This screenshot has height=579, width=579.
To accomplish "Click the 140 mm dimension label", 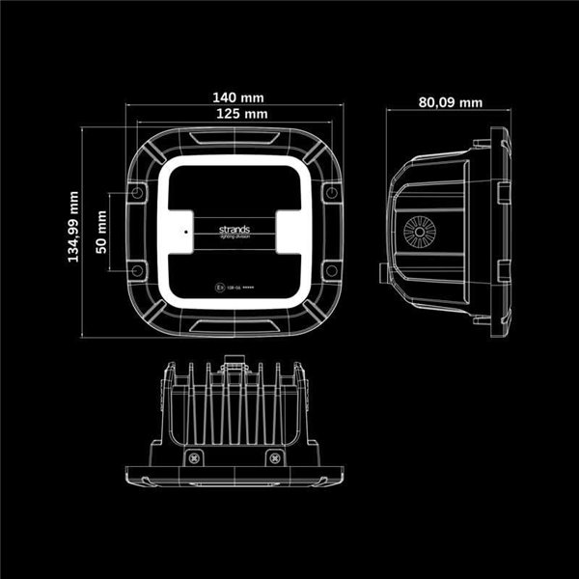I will pos(237,97).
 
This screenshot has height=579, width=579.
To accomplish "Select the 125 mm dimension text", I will pos(237,114).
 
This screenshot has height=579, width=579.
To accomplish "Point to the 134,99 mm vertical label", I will pos(72,228).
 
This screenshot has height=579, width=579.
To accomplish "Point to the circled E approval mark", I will pos(221,287).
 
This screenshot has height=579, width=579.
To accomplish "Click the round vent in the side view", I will pos(420,233).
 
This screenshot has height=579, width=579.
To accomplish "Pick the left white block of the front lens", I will pos(186,231).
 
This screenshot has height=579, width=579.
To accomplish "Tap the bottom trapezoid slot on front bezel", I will pos(237,321).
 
